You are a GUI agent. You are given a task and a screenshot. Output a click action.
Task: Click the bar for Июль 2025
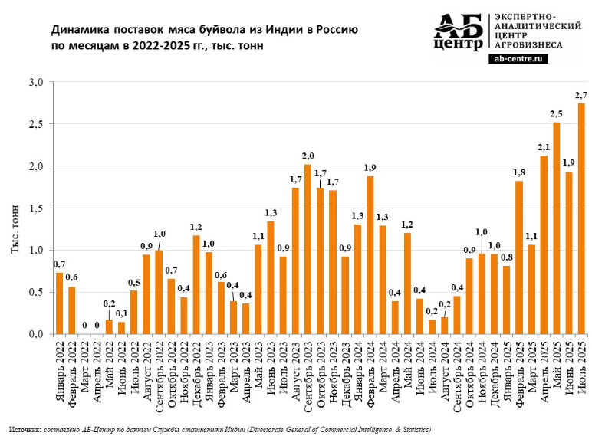click(x=581, y=218)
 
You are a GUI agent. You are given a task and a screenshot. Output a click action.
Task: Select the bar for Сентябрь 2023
click(x=308, y=249)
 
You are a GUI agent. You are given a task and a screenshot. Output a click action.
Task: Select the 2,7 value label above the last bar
click(x=580, y=94)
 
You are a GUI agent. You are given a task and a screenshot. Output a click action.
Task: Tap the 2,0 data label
click(x=307, y=156)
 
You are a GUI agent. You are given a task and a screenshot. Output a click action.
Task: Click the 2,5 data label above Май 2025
click(x=556, y=113)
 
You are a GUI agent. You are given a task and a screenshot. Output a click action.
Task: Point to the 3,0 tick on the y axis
click(x=36, y=82)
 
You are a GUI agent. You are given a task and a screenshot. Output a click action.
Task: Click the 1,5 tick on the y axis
click(x=36, y=208)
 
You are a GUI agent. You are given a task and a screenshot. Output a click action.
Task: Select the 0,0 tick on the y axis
click(x=36, y=333)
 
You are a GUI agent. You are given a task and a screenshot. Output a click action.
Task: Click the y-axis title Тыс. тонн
click(x=15, y=230)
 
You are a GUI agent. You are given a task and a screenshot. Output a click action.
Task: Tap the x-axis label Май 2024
click(x=407, y=364)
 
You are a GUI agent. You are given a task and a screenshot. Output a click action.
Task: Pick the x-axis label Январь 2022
click(x=60, y=369)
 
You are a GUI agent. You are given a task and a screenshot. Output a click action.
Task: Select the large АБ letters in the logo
click(x=458, y=25)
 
